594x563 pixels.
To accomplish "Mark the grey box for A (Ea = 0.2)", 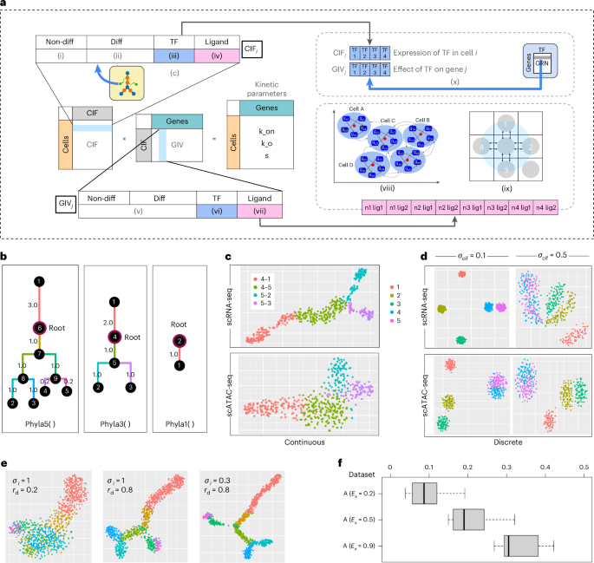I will pyautogui.click(x=424, y=494).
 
